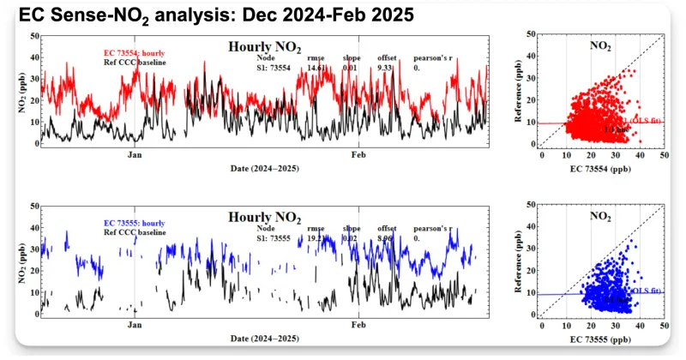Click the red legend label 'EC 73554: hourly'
[129, 54]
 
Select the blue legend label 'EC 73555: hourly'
[129, 224]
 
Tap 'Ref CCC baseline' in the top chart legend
[129, 63]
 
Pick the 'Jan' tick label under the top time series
[135, 155]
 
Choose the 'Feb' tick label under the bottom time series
[358, 326]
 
